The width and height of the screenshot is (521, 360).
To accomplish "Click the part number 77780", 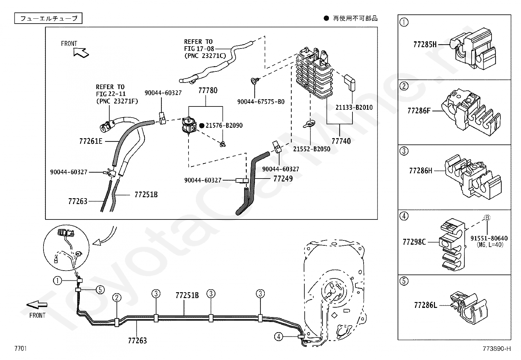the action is click(208, 90).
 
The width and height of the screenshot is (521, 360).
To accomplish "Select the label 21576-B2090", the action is click(224, 125).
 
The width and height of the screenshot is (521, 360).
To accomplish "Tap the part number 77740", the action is click(341, 141).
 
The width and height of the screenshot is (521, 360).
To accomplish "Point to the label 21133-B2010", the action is click(354, 107).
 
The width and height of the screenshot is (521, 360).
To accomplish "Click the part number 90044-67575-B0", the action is click(261, 102).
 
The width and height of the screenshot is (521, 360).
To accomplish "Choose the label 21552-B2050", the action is click(312, 149).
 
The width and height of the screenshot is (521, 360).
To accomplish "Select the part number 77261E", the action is click(91, 141).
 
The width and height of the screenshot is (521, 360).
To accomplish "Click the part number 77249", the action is click(283, 179).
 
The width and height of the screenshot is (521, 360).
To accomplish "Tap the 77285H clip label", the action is click(425, 45).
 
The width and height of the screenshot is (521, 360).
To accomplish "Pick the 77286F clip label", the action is click(419, 111).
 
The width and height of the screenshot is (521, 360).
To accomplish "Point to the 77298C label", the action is click(414, 242).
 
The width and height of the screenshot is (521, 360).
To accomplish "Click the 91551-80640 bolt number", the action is click(489, 238).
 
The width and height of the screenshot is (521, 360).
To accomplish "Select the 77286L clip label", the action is click(425, 305).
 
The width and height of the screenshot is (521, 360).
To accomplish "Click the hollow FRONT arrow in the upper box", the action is click(81, 53).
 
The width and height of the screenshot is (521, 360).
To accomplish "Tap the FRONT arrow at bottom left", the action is click(37, 305).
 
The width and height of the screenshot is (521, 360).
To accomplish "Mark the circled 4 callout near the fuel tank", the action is click(278, 336).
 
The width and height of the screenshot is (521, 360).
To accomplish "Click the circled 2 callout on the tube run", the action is click(117, 297).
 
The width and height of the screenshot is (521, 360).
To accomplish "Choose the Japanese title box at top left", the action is click(48, 18).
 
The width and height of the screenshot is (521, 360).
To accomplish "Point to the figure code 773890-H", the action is click(497, 349).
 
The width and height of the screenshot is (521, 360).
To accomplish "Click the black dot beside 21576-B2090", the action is click(202, 126).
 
